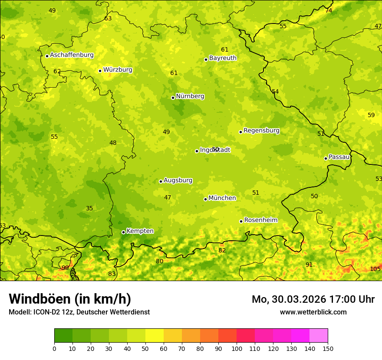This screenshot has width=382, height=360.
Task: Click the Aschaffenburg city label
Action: coord(72,55)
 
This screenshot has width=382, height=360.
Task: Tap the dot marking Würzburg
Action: coord(100,71)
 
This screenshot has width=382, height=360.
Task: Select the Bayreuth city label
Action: coord(223,58)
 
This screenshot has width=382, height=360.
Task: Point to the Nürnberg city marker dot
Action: coord(173,98)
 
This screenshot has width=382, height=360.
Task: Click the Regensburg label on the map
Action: coord(261,131)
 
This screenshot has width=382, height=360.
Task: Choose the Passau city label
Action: coord(339,157)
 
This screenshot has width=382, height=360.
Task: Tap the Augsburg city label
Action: coord(178,180)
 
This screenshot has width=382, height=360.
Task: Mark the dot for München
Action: coord(205,199)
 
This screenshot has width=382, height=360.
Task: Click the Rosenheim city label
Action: coord(260,220)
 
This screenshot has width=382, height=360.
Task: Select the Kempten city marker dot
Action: coord(123,232)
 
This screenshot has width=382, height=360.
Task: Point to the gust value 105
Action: coord(375,269)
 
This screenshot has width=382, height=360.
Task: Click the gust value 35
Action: coord(89,209)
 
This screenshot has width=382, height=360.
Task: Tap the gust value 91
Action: coord(309,265)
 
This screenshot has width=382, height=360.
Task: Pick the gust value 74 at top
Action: coord(329,10)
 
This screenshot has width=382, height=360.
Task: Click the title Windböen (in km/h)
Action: coord(70,299)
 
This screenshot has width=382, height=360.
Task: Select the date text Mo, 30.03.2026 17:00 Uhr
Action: coord(313,299)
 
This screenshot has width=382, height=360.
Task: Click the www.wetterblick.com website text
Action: coord(313,312)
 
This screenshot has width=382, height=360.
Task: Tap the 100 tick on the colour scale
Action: coord(237,348)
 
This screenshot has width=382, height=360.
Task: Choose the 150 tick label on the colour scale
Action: coord(328,348)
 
